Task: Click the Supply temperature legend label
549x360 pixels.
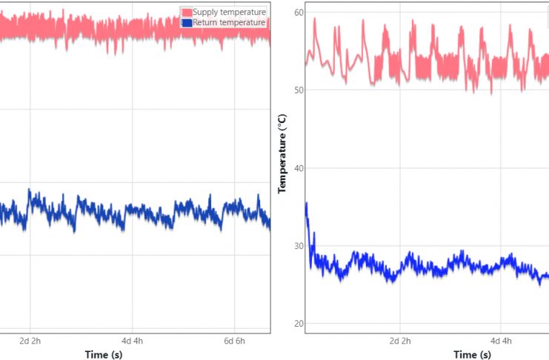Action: pos(229,12)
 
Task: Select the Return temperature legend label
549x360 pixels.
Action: pos(228,22)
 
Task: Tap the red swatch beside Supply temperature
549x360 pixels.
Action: pos(187,12)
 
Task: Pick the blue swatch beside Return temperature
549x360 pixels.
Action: pos(187,22)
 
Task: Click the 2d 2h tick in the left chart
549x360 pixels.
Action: pos(30,341)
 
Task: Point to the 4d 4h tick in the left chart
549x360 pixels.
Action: pos(133,341)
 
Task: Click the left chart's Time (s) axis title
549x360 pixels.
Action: pos(104,355)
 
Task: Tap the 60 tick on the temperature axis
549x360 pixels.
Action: pos(299,12)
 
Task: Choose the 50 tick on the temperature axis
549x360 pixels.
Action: pos(299,90)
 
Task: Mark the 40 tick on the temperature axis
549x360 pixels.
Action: pos(299,168)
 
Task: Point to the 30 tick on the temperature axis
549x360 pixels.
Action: pos(299,246)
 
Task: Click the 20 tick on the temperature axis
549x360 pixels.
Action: pos(299,324)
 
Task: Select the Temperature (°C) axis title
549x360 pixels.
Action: pos(282,154)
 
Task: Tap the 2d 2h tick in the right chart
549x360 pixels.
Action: pos(400,341)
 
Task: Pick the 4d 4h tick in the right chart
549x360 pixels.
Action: pos(502,341)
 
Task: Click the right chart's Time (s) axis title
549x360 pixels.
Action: pos(475,355)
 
